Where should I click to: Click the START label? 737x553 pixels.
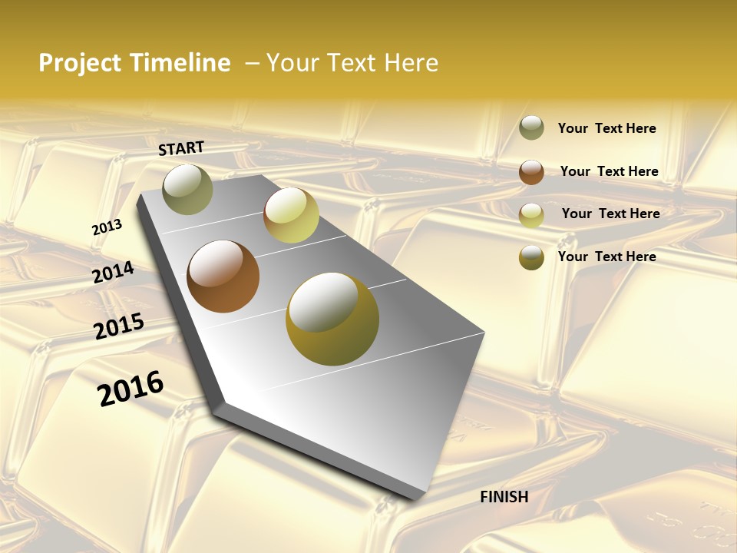coord(181,148)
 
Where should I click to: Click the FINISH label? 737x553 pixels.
coord(504,497)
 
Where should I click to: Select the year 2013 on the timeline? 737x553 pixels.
coord(107,227)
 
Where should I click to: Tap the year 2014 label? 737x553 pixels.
coord(114,273)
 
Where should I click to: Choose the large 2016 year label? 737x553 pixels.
coord(131,389)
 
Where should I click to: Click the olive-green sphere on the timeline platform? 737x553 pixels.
coord(187,189)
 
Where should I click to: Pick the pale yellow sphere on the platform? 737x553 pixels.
coord(291,215)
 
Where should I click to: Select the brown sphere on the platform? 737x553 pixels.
coord(223,276)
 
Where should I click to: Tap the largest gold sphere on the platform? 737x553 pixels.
coord(332,319)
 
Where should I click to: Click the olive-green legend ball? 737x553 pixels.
coord(531,128)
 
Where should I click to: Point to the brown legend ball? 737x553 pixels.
coord(531,172)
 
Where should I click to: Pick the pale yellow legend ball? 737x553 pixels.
coord(531,215)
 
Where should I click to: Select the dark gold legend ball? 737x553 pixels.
coord(531,257)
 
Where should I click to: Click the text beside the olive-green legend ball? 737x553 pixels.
coord(606,129)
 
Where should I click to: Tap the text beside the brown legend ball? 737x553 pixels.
coord(609,171)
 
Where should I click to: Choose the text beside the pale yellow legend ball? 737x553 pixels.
coord(610,214)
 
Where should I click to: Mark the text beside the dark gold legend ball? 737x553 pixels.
coord(606,257)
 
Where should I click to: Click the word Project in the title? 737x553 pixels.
coord(79,63)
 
